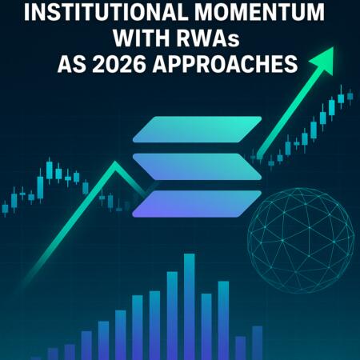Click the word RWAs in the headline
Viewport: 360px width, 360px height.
(217, 39)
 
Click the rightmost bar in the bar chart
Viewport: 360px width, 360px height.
(258, 342)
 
